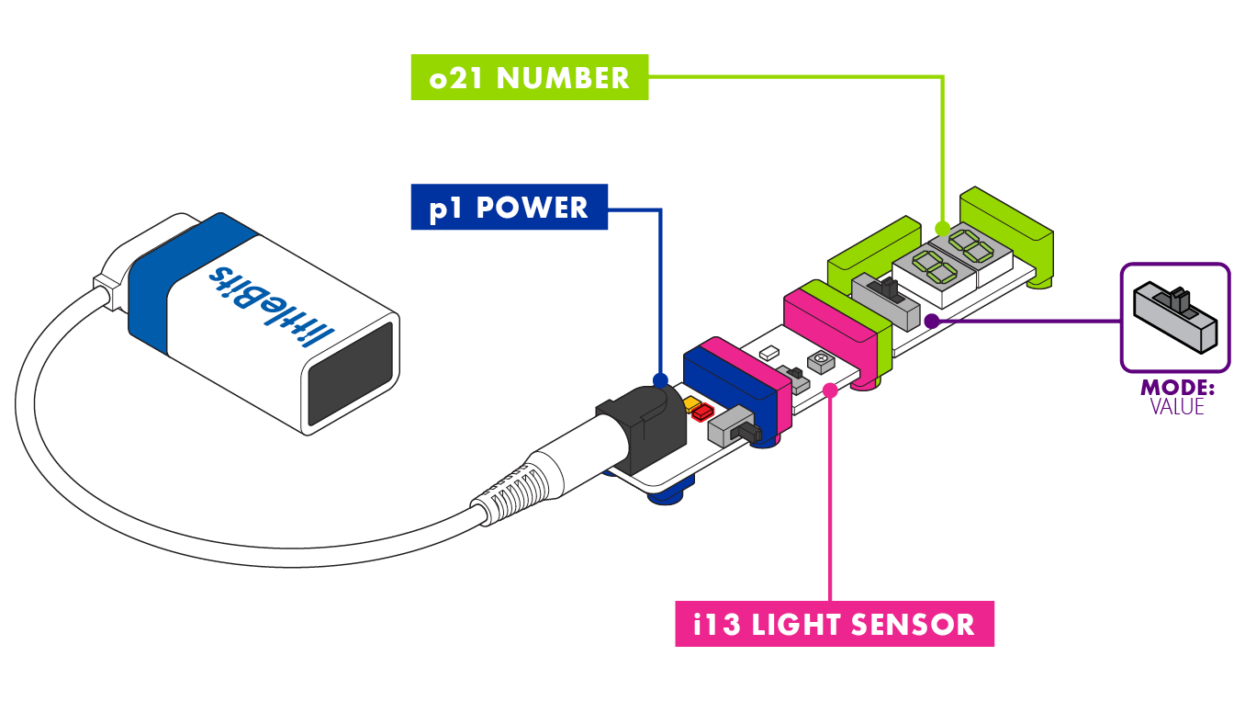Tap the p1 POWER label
(x=509, y=208)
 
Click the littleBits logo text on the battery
(x=275, y=304)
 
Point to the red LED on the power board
(x=704, y=413)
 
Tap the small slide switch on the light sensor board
(x=791, y=374)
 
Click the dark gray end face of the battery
(x=351, y=376)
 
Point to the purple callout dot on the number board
(x=931, y=321)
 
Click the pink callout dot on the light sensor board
(x=830, y=390)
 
